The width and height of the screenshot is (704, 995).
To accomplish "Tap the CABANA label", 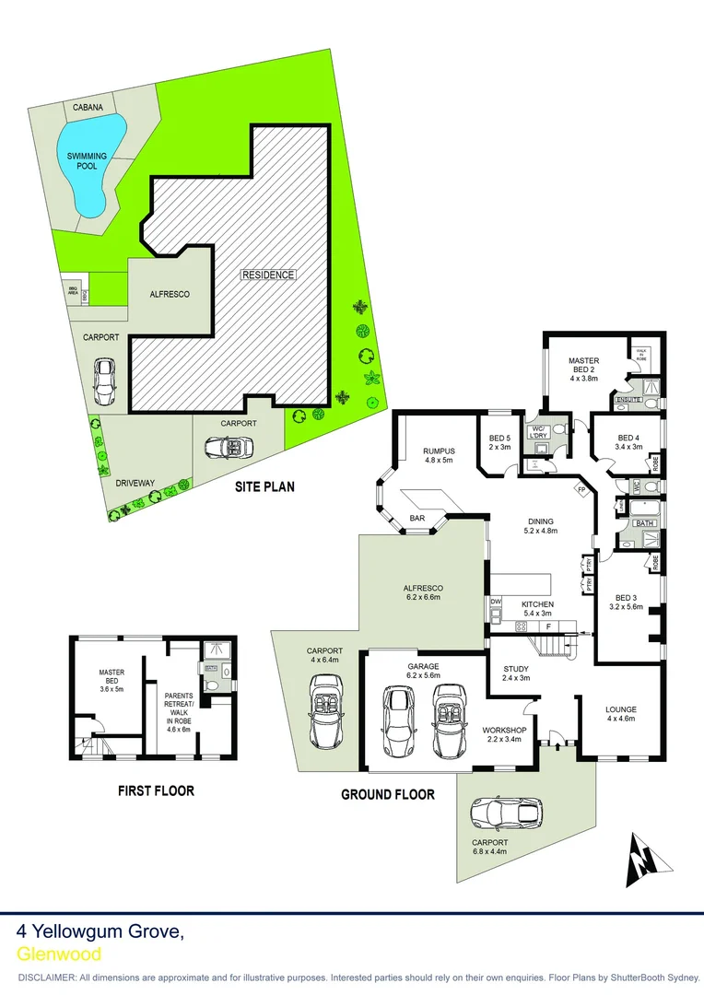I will (x=88, y=107).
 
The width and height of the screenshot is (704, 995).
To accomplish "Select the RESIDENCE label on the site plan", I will (x=269, y=275).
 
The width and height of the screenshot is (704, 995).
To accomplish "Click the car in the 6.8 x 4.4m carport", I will (x=506, y=812).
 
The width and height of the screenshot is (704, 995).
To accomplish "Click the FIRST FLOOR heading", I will (x=156, y=790).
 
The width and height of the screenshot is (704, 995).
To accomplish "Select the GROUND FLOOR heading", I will (x=387, y=794).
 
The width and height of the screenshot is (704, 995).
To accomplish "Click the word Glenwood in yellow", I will (x=59, y=954).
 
